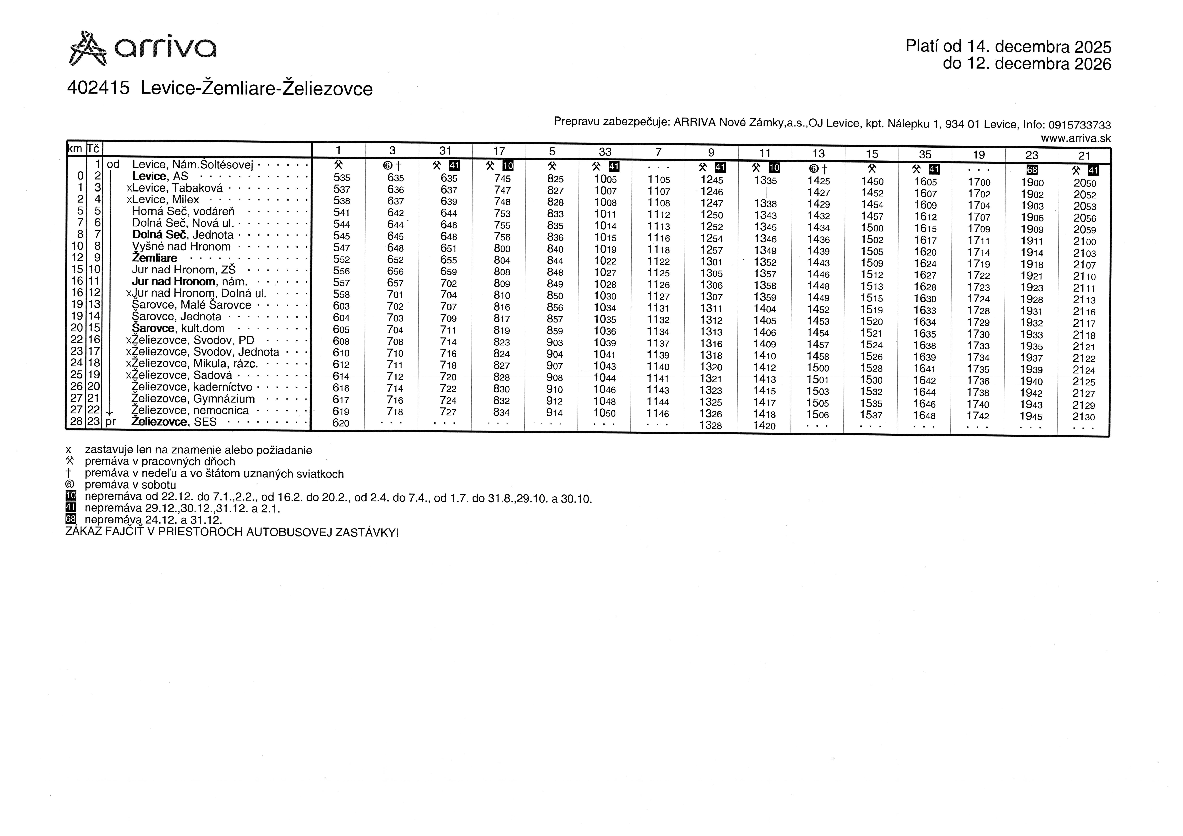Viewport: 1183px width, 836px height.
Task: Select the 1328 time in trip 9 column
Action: click(x=711, y=426)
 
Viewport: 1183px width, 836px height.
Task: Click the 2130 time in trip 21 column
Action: click(x=1083, y=417)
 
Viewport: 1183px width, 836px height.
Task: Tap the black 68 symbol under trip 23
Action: click(x=1032, y=170)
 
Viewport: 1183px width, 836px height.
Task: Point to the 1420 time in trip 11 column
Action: click(x=764, y=426)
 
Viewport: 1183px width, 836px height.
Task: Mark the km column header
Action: click(x=75, y=149)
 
